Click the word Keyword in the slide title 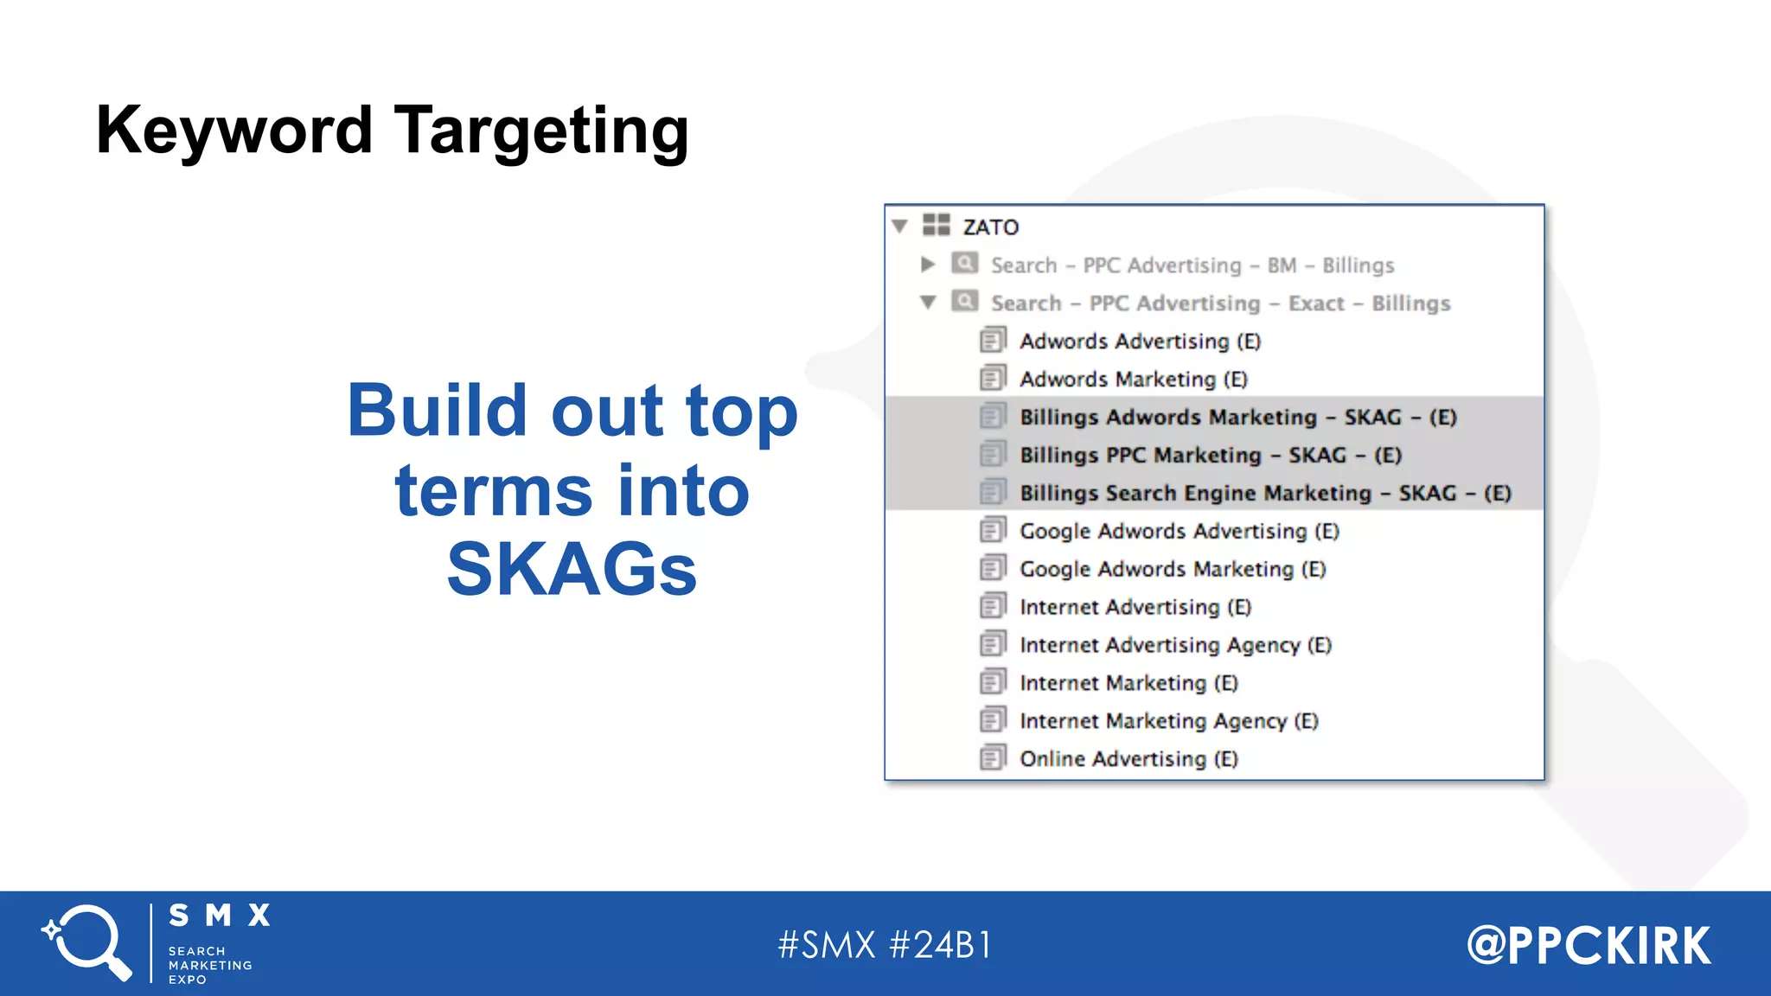(233, 131)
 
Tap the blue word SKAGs (572, 570)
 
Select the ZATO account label (990, 227)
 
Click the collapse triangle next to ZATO (899, 227)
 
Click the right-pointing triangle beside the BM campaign (928, 265)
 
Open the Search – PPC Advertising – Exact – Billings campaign (1219, 303)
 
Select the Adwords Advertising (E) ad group (1140, 342)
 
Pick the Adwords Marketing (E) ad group (1133, 380)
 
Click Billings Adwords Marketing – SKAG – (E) (1237, 418)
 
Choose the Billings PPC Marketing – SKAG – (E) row (1210, 456)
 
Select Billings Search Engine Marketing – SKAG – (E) (1264, 494)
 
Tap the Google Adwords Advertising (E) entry (1179, 532)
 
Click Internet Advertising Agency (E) (1175, 646)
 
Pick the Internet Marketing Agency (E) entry (1168, 722)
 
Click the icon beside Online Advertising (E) (993, 758)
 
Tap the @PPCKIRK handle (1589, 945)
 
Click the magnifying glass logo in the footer (87, 942)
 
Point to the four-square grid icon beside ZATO (936, 226)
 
